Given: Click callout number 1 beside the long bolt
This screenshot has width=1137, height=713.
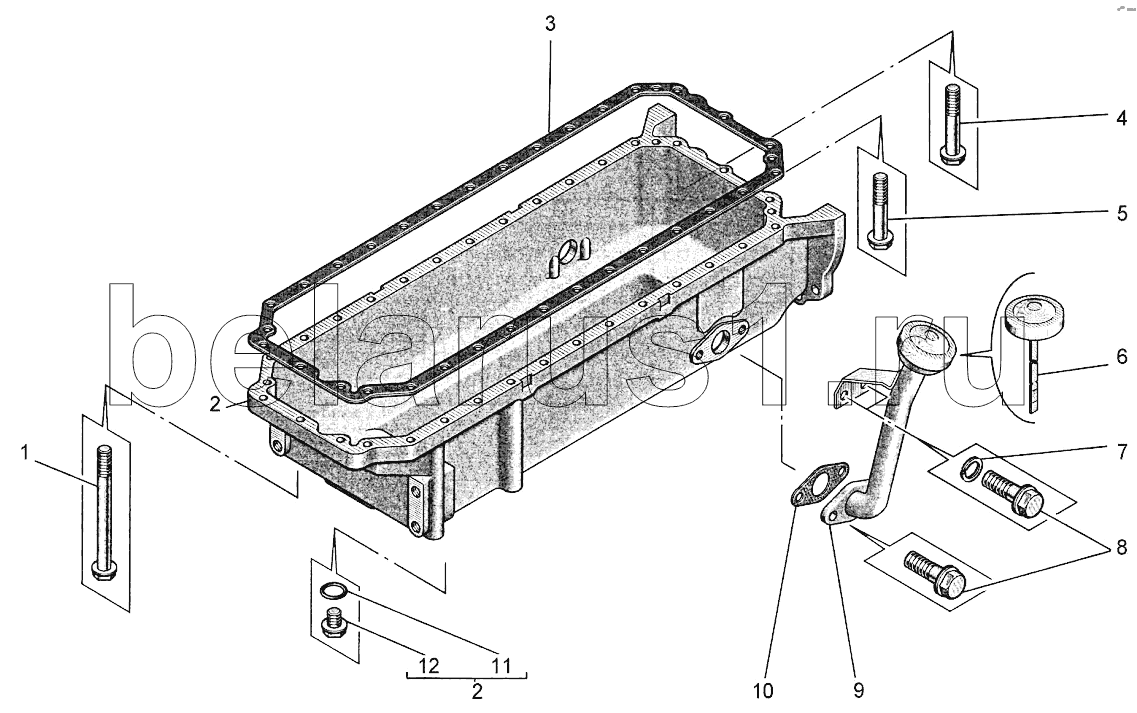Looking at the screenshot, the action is click(25, 454).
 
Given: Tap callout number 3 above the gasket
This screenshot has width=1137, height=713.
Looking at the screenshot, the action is click(550, 24).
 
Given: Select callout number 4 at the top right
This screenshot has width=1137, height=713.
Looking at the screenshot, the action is click(1121, 118).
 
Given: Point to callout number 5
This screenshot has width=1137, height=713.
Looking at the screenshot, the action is click(1122, 213).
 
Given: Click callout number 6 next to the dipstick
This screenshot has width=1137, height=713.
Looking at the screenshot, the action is click(1122, 357).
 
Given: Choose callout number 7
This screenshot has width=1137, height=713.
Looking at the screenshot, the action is click(1122, 453).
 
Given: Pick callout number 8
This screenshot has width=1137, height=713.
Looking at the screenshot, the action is click(1122, 548).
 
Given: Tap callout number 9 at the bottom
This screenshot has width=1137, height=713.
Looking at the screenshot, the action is click(859, 691).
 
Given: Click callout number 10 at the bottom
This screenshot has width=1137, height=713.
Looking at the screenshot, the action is click(763, 691).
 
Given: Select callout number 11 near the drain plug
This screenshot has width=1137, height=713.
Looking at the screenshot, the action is click(502, 666).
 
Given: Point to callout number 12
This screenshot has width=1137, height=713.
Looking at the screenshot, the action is click(429, 666).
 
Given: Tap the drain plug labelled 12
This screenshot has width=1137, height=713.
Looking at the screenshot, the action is click(333, 623).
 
